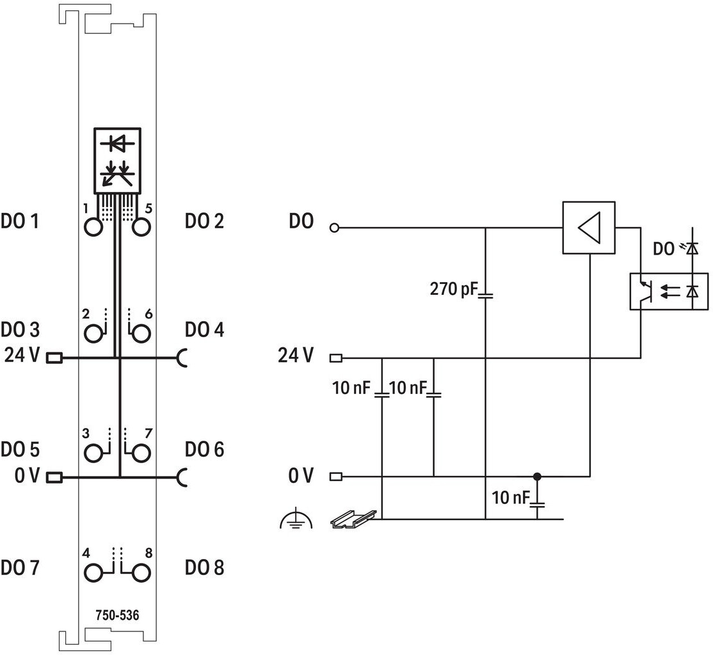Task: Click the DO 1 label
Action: point(20,221)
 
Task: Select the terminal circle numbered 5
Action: point(141,227)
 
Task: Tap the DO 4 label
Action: point(205,329)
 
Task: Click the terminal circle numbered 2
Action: point(93,334)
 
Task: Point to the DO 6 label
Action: point(205,449)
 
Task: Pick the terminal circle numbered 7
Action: point(141,453)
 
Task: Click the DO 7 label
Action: point(20,568)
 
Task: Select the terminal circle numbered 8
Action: point(141,573)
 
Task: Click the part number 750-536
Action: point(117,615)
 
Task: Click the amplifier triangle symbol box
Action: point(589,227)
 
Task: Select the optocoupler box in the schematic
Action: point(669,292)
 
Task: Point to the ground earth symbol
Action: point(296,519)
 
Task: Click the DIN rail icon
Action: point(353,519)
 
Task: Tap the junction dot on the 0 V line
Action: point(538,477)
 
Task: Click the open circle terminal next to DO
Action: point(334,228)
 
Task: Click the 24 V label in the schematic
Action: point(296,355)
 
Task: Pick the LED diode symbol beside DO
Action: point(692,248)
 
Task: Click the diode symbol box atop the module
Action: point(117,161)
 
